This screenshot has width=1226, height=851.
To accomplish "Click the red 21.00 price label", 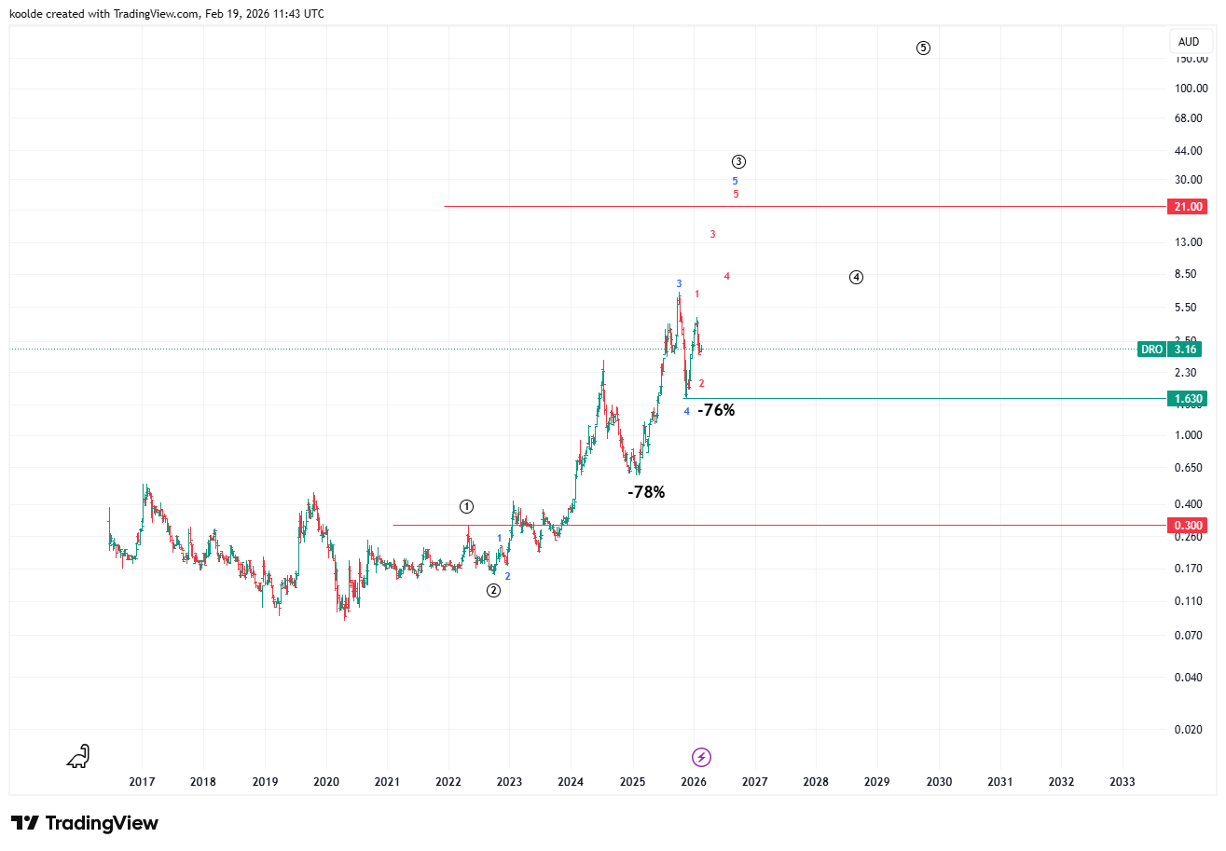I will (1188, 206).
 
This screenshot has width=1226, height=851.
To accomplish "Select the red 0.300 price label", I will (1188, 525).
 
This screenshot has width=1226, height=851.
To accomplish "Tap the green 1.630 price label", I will (1188, 399).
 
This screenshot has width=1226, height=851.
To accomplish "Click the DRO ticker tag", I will (1152, 350).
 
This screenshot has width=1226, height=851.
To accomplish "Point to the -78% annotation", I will (646, 492).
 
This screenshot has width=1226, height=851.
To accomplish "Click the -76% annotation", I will (716, 410).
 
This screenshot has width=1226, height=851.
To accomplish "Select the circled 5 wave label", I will (923, 48).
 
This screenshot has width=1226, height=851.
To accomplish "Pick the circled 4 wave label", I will (857, 277).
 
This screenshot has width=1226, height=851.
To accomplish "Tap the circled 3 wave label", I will (738, 161).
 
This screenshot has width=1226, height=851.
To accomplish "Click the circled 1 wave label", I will (467, 507).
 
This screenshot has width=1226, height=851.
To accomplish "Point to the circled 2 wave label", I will (494, 590).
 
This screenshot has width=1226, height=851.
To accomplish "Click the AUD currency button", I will (1189, 42).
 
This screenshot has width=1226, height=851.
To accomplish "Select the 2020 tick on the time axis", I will (326, 782).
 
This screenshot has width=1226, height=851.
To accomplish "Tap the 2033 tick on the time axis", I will (1123, 782).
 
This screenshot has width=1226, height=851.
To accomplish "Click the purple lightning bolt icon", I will (702, 757).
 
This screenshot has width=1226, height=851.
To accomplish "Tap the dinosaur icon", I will (78, 756).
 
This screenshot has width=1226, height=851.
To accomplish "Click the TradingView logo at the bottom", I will (85, 823).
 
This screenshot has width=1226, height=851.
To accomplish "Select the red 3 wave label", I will (712, 234).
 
